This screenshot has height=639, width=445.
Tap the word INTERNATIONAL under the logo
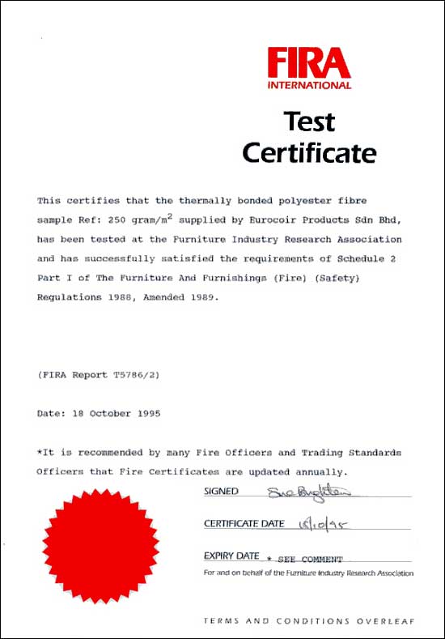309,85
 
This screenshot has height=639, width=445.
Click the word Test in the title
309,122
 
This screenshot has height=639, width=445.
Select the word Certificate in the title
309,152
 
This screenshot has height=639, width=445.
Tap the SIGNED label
221,492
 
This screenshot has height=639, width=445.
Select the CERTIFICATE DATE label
244,524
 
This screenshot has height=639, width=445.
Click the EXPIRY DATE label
231,556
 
